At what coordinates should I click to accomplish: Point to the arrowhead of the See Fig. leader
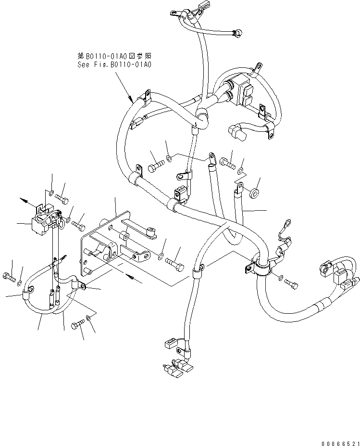(x=132, y=101)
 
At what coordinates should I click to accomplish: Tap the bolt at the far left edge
(x=10, y=276)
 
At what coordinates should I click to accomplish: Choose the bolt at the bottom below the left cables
(x=77, y=326)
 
